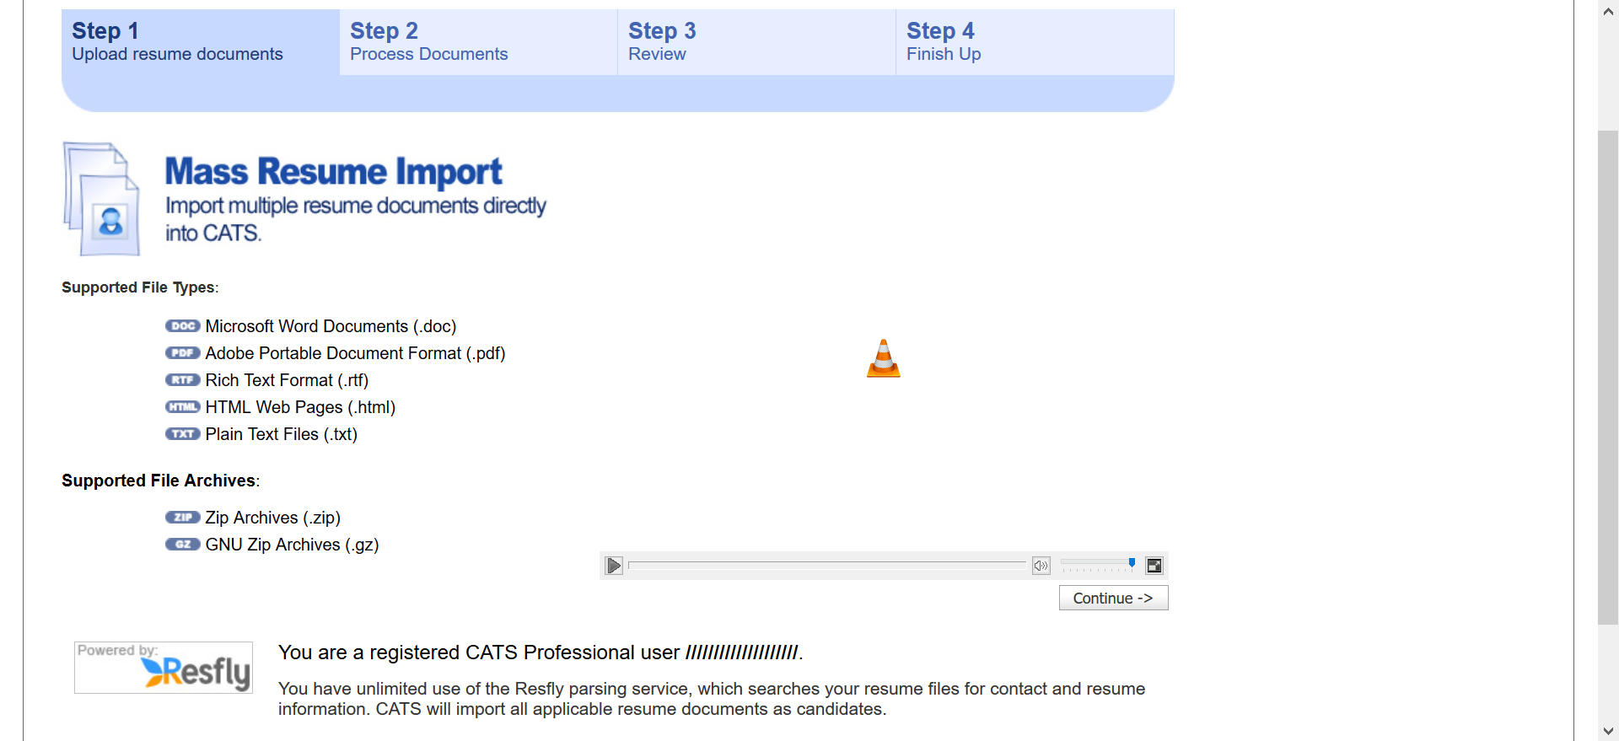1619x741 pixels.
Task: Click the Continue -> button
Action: (1113, 598)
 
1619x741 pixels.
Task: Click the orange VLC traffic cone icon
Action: (884, 358)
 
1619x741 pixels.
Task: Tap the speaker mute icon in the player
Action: (1041, 566)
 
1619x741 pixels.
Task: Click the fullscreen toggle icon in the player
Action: (1154, 566)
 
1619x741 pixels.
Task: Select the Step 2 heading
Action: (384, 31)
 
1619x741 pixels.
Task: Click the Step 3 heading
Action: (662, 31)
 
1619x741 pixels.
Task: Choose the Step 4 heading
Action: (940, 31)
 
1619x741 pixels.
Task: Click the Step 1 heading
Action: (105, 31)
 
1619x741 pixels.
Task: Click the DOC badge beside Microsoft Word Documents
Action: (183, 326)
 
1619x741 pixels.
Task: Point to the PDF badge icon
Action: (183, 353)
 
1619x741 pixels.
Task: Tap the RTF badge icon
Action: (183, 380)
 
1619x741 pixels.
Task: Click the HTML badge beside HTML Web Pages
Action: (183, 407)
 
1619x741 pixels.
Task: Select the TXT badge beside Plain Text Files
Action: (183, 434)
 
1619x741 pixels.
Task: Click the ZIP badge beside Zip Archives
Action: (183, 518)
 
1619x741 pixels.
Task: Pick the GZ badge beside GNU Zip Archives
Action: (183, 545)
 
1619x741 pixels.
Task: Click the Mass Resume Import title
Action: (333, 172)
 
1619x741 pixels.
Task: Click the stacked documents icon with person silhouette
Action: (101, 199)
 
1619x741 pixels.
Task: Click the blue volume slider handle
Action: (1132, 562)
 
